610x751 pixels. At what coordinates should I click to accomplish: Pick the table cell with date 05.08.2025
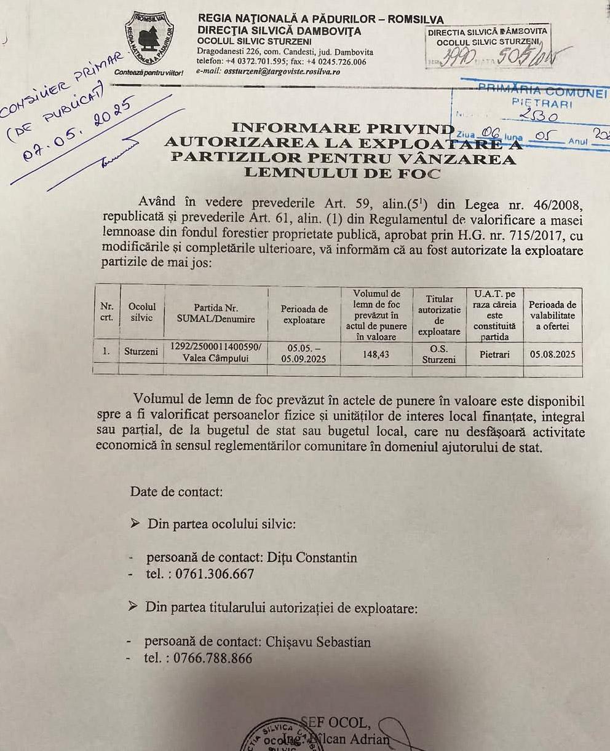click(552, 354)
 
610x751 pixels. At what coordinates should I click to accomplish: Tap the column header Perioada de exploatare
click(304, 315)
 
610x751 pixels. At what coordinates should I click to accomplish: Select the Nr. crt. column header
click(106, 311)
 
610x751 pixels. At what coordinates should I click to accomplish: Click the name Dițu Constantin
click(312, 558)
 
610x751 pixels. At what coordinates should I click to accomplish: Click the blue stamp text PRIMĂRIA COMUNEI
click(542, 93)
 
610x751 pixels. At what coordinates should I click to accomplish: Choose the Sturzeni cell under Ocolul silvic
click(142, 352)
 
